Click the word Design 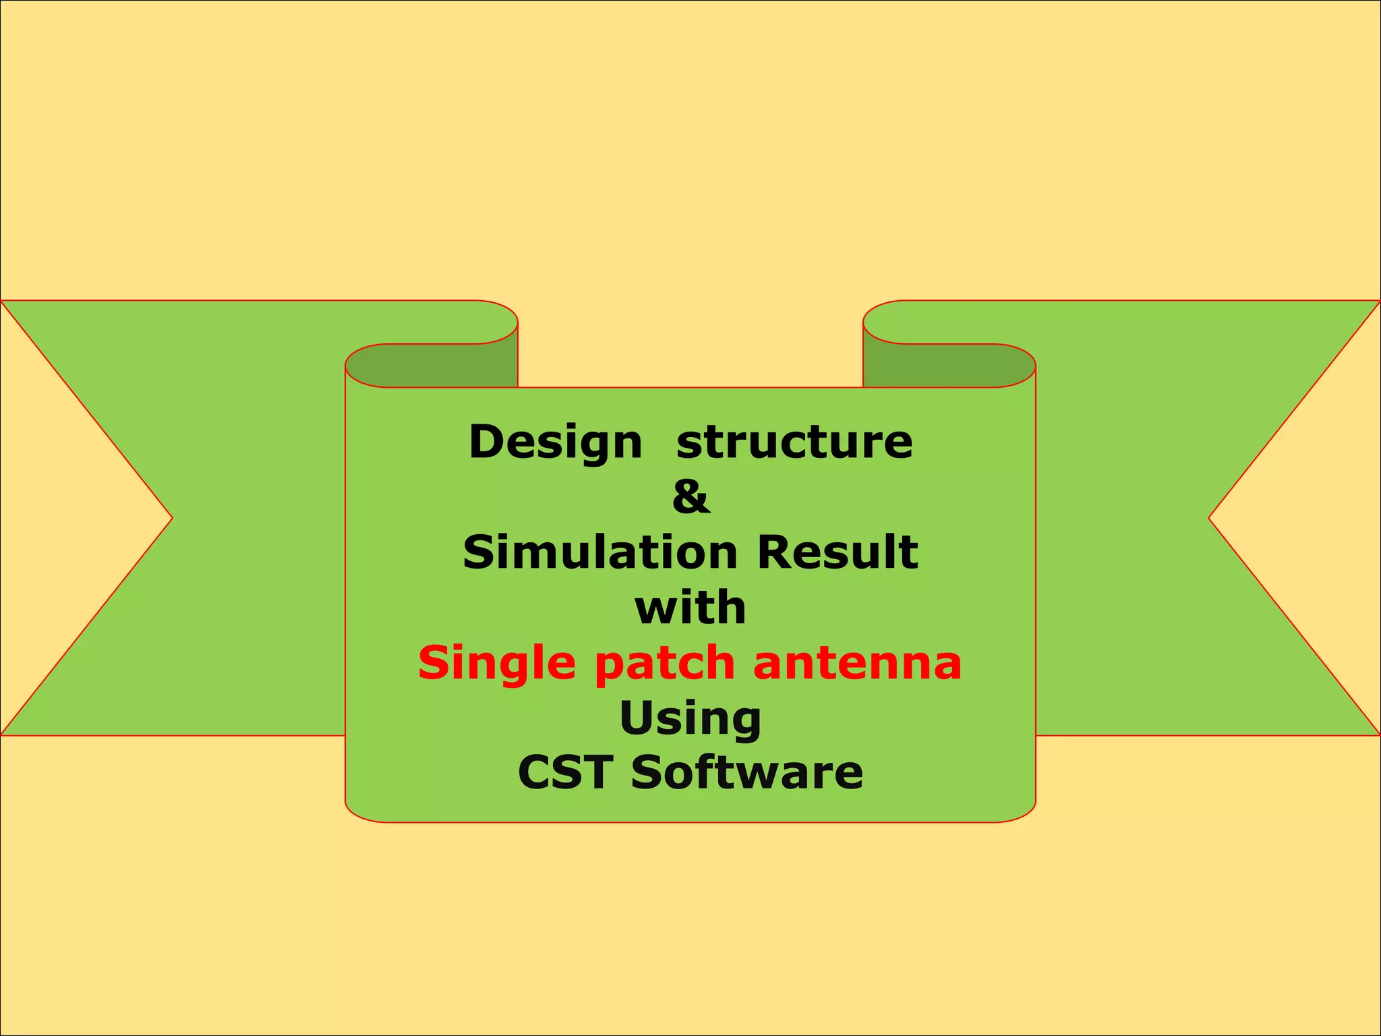556,443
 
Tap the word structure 794,443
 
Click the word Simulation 600,552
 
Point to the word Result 837,552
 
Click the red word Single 497,664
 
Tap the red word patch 664,664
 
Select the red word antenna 857,663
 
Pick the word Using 690,719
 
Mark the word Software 746,772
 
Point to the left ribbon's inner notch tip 172,518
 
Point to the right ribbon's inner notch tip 1209,518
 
